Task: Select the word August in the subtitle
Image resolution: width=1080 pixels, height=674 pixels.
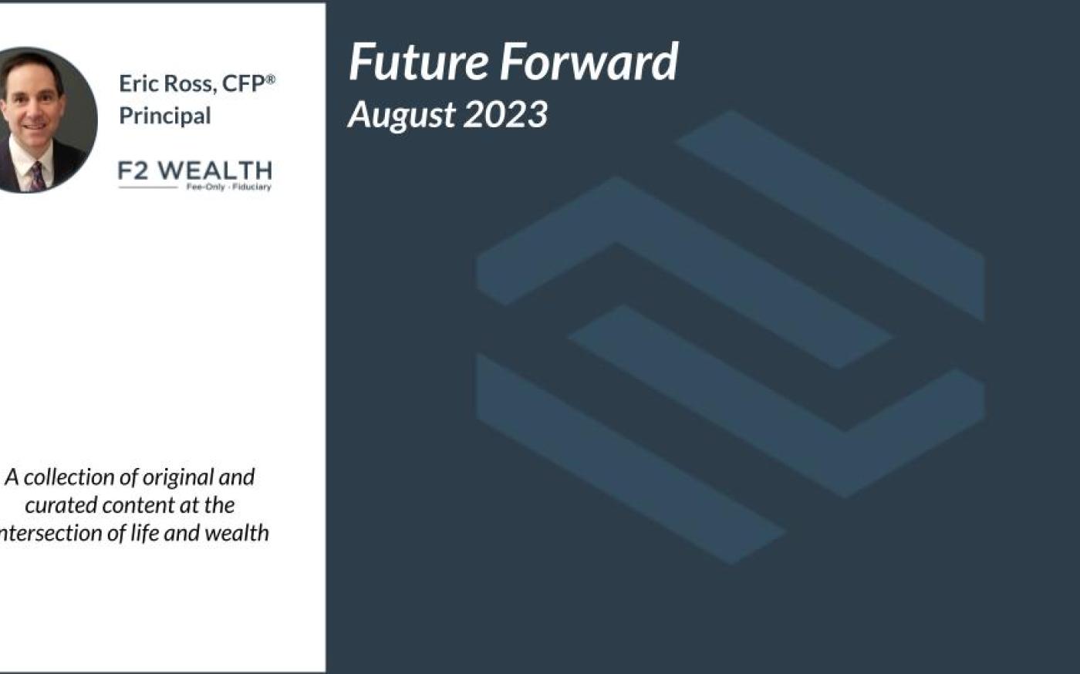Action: [402, 116]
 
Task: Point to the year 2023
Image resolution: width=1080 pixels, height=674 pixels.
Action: [505, 114]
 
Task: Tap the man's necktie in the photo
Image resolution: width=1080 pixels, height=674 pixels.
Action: [38, 177]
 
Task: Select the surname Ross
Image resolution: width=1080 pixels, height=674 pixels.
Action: [190, 84]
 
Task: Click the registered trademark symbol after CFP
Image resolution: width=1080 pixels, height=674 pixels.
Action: [271, 79]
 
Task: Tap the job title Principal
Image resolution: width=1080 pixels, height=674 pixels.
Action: [165, 116]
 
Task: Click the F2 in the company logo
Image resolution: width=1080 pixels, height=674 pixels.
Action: [133, 170]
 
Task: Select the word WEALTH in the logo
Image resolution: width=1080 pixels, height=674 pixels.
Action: [215, 170]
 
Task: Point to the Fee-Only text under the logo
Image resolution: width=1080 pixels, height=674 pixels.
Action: [205, 187]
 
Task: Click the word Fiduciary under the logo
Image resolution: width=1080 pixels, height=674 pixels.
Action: [251, 187]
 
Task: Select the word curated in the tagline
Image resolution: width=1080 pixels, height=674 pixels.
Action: [61, 505]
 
